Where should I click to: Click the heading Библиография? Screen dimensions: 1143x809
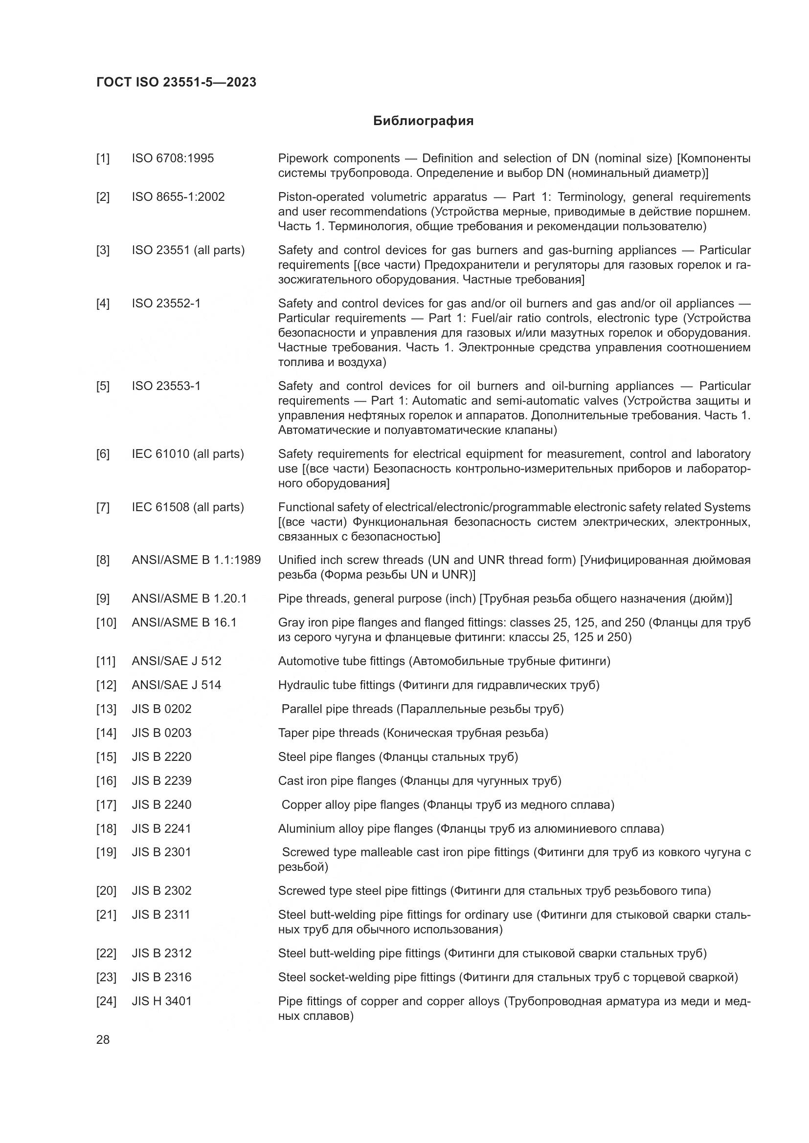[x=423, y=121]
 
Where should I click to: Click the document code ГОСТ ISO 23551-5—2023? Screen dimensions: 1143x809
[x=176, y=82]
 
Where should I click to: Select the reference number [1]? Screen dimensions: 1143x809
[x=103, y=158]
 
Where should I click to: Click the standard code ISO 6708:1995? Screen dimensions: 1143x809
[x=172, y=158]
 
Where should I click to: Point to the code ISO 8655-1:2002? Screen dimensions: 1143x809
[x=178, y=196]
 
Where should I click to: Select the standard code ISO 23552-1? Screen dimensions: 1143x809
[x=166, y=303]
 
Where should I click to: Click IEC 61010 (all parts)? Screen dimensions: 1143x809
[x=188, y=454]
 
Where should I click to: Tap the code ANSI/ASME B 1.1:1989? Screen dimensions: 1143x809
[x=196, y=560]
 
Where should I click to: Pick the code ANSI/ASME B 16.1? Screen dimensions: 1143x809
[x=184, y=622]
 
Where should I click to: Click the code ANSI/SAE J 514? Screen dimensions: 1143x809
[x=177, y=685]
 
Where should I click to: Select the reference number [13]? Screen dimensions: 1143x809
[x=106, y=709]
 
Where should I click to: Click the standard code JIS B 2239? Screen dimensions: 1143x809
[x=161, y=780]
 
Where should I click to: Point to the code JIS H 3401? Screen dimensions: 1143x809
[x=161, y=1001]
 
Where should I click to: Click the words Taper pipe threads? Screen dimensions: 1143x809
[x=328, y=733]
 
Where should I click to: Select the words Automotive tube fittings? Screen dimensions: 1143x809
[x=341, y=661]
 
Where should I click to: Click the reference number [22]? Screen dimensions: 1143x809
[x=106, y=953]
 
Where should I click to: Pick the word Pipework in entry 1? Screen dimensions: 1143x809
[x=302, y=158]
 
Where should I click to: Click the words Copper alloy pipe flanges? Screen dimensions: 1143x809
[x=350, y=804]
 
